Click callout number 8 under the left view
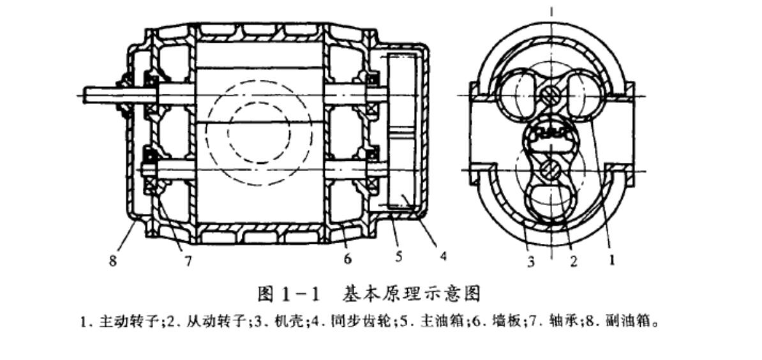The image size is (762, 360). point(113,262)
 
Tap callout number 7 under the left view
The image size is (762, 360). point(188,262)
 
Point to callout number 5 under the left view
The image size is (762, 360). point(400,257)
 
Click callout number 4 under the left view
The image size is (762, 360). point(442,257)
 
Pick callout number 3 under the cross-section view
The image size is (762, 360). point(531,262)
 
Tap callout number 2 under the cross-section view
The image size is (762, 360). point(573,262)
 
